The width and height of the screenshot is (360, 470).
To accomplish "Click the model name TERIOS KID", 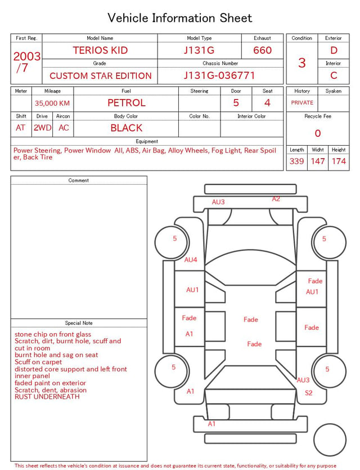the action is coord(100,50).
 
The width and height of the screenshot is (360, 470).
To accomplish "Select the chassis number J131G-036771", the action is coord(219,75).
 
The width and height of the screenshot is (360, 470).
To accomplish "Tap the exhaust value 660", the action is coord(262,50).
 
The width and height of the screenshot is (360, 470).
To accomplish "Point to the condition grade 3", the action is coord(302,63).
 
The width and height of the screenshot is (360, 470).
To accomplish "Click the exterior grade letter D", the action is coord(334,50).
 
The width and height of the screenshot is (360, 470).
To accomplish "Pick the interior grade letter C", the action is coord(334,75).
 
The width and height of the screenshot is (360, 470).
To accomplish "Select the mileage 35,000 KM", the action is coord(52,104).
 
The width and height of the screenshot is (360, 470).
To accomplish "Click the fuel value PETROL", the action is coord(127,103).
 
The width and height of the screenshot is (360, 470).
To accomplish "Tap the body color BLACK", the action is coord(127,128).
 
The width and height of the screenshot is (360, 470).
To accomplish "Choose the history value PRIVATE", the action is coord(302,102).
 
